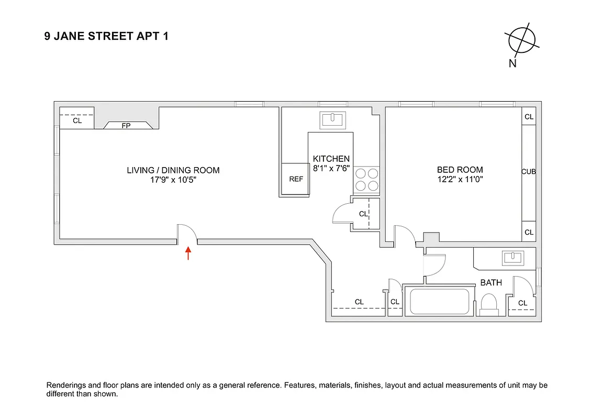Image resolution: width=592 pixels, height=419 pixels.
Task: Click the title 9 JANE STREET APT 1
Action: pos(106,37)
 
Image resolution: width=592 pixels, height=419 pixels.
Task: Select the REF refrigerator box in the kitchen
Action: pos(296,179)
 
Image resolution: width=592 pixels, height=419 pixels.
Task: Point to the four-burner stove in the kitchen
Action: pos(366,179)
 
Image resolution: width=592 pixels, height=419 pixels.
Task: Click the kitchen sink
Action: pos(332,119)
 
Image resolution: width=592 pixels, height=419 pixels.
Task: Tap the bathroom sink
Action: pos(512,257)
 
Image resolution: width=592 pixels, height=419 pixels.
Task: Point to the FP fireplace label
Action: pos(126,126)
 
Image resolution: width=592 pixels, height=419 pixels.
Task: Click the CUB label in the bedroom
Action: pos(528,172)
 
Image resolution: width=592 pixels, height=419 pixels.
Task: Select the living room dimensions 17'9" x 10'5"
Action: pos(173,180)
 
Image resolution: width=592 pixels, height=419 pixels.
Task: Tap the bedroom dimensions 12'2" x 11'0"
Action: pos(460,179)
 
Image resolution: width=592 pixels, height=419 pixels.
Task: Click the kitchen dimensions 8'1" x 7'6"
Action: pos(331,168)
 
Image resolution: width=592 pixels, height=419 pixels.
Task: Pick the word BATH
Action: pos(491,283)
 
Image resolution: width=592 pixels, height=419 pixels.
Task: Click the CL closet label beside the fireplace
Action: pos(77,121)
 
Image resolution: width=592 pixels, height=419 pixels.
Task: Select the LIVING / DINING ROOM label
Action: pos(173,170)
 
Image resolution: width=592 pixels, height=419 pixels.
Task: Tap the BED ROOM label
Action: pos(460,170)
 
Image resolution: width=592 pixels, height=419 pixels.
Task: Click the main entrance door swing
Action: pos(187,233)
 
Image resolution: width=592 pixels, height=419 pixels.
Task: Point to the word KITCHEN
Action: pos(331,159)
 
